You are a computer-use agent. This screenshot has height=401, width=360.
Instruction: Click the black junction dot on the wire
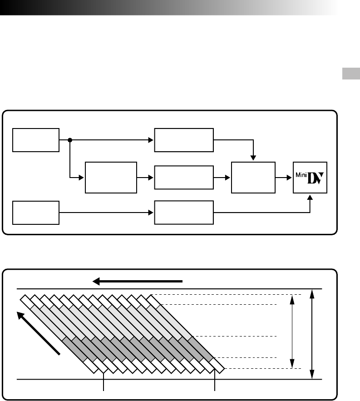70,140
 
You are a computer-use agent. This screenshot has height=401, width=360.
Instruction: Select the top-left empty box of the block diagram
36,140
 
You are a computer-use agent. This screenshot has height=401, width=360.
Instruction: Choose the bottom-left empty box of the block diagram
36,212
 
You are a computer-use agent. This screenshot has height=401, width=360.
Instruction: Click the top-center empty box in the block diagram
184,140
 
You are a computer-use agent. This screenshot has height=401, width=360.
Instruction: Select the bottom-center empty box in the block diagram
184,212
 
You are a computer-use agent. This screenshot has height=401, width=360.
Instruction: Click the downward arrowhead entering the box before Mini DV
253,158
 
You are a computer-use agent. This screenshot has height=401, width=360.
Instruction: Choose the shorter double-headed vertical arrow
292,330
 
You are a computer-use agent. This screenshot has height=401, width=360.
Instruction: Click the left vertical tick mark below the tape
105,382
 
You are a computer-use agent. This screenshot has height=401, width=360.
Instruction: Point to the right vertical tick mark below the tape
215,382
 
